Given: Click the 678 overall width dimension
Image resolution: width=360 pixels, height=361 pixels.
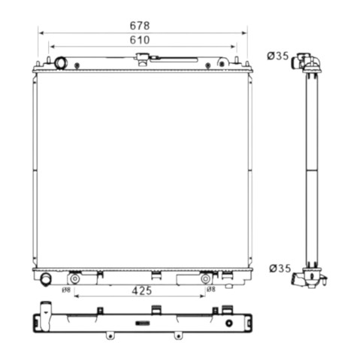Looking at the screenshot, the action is [x=140, y=26].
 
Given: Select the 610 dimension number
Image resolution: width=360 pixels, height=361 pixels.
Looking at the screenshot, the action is [x=140, y=40].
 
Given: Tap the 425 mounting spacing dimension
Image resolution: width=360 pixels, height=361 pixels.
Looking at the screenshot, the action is [x=142, y=290].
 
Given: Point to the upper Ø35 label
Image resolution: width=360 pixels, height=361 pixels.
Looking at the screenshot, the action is [x=278, y=56].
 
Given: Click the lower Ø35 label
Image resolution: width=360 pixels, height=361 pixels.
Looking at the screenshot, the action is [x=280, y=268].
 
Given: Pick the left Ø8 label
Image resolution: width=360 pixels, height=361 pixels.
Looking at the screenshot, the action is [x=66, y=290].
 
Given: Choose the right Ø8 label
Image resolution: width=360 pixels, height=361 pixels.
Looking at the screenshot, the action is [x=211, y=290].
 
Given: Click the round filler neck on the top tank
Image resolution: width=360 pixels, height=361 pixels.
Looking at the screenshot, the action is [x=60, y=63].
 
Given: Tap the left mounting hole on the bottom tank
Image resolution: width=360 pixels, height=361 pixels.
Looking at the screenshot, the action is [x=74, y=279].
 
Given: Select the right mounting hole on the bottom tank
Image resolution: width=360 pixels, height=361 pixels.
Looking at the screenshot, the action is [x=205, y=279].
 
